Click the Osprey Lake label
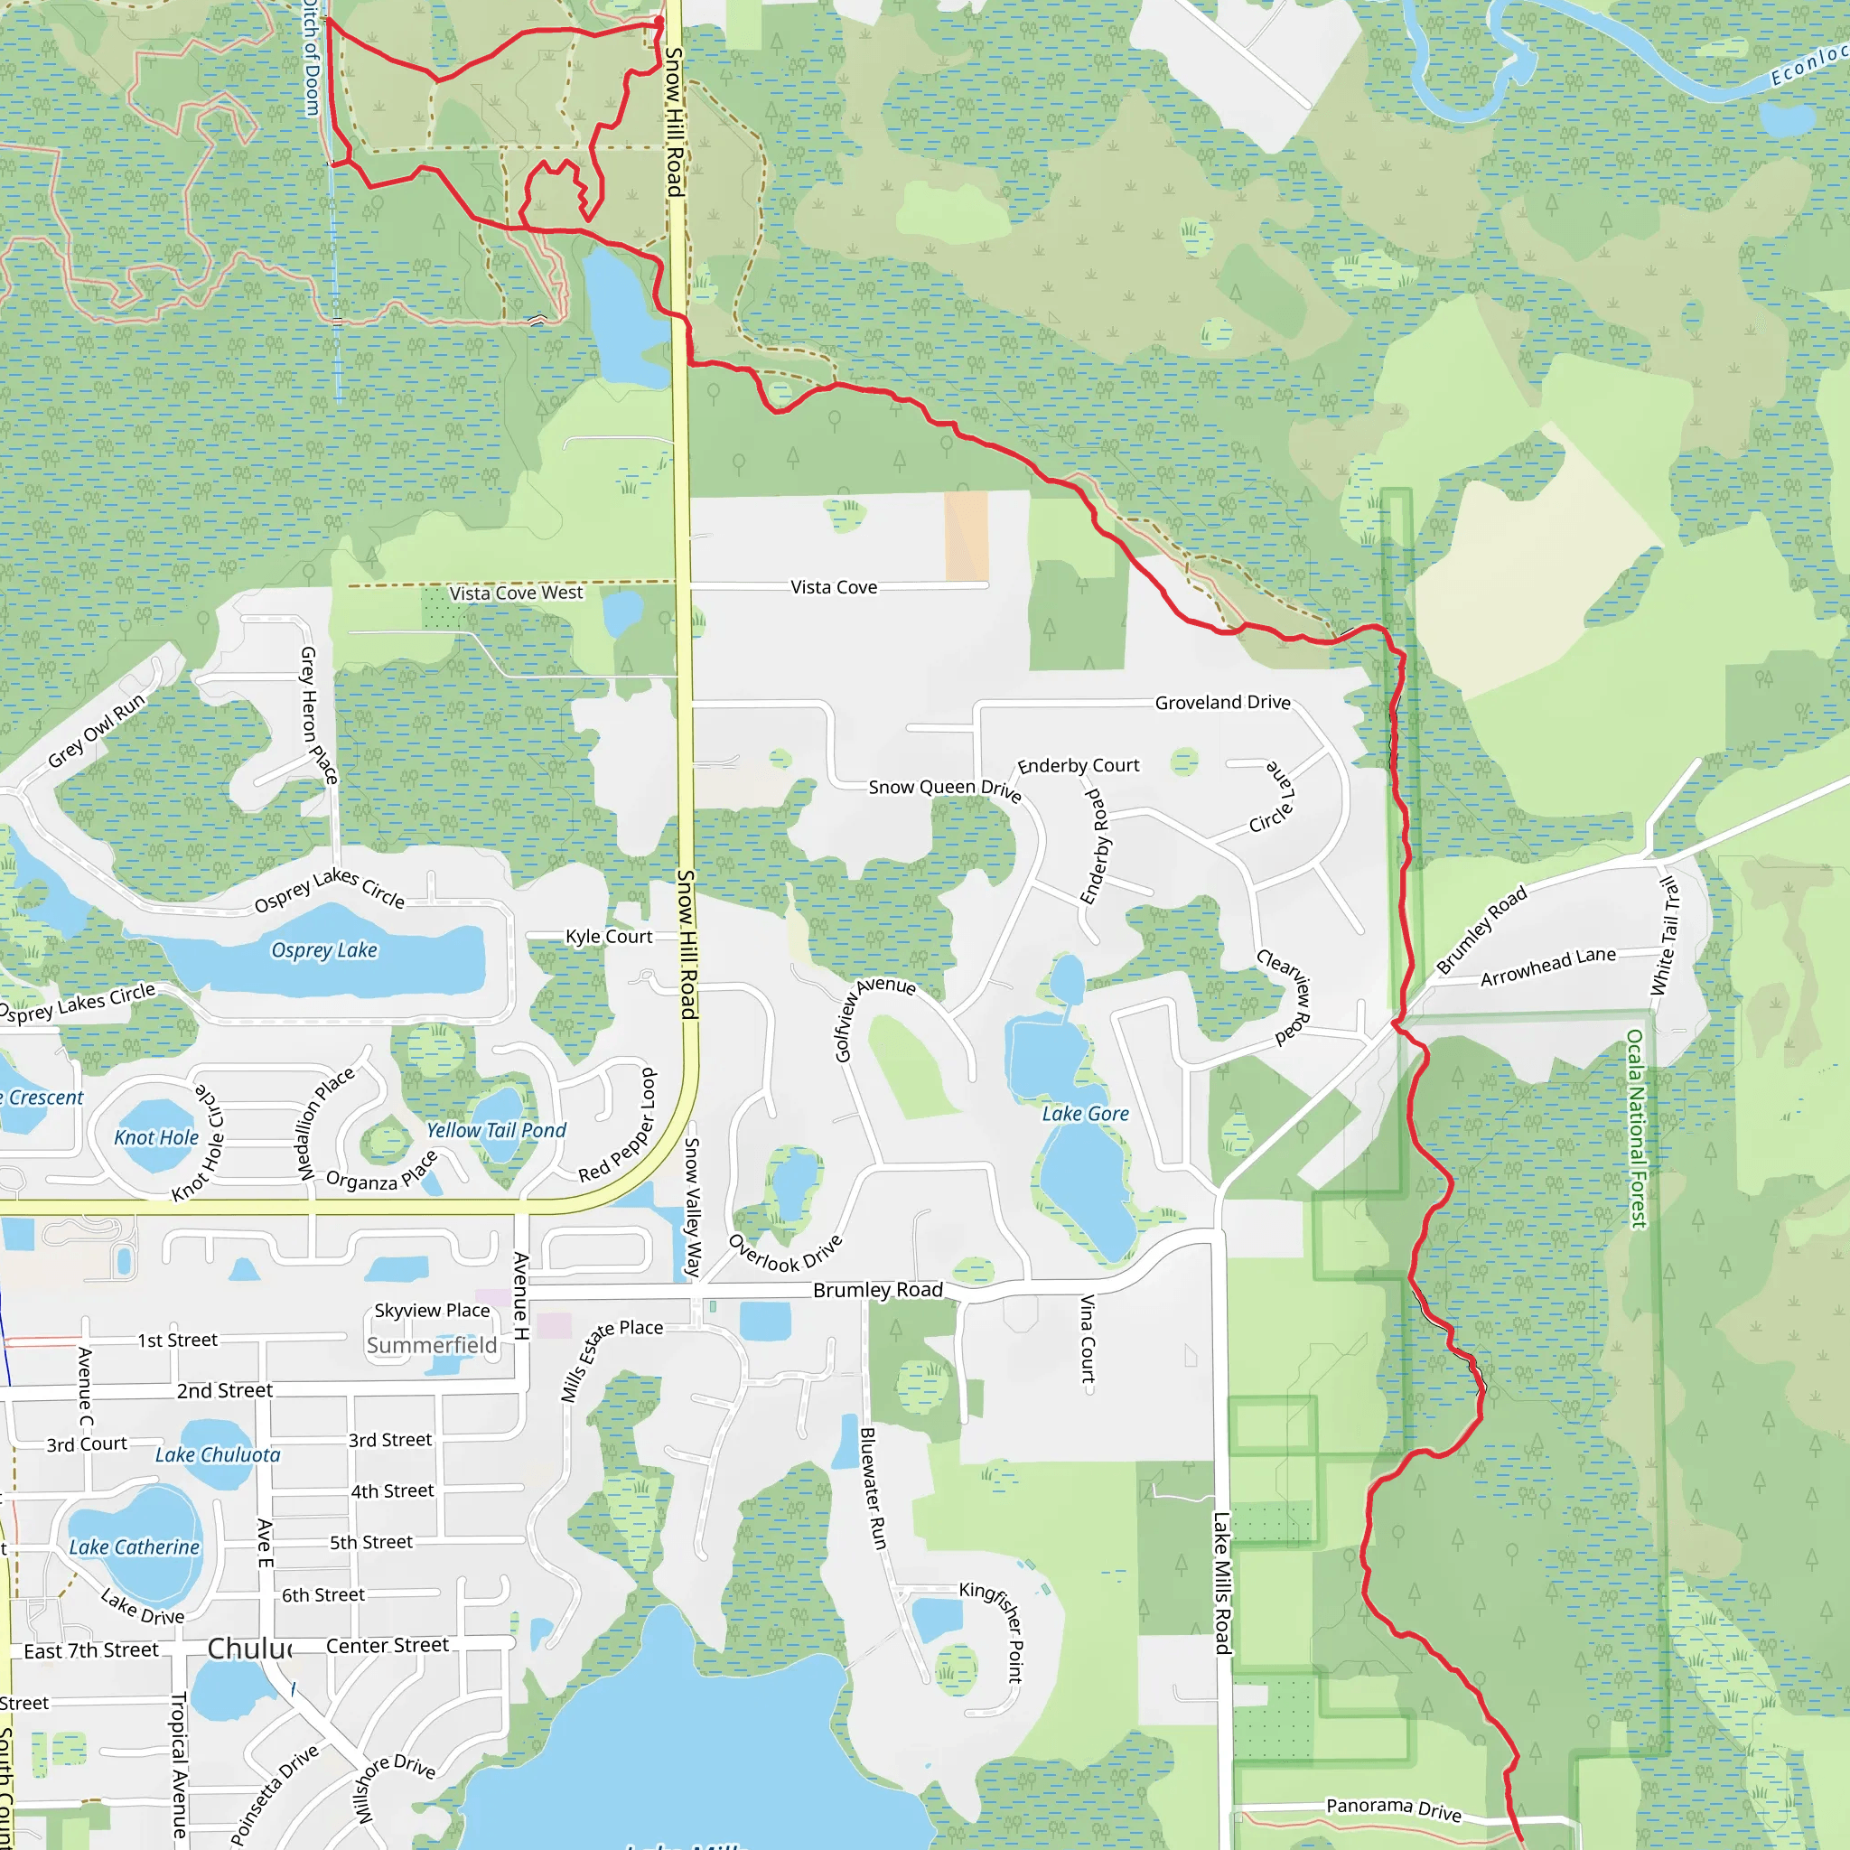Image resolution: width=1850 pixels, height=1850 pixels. coord(323,950)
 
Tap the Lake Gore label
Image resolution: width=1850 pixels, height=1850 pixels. coord(1085,1114)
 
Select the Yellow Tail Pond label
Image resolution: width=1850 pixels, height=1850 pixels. coord(496,1131)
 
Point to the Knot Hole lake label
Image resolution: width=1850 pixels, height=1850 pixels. coord(156,1137)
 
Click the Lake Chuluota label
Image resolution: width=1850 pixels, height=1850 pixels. coord(219,1454)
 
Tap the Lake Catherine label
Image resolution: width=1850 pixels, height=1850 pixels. coord(134,1546)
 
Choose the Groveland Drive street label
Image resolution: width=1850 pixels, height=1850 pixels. coord(1222,703)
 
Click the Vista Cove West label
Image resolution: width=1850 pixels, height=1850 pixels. coord(516,593)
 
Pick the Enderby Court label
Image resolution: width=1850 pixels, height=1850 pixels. coord(1079,766)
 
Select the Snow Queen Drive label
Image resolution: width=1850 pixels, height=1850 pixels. coord(944,789)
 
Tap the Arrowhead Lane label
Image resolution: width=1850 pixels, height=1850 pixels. coord(1547,967)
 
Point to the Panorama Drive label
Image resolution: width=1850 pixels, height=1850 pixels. coord(1393,1808)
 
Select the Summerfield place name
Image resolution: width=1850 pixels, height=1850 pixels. coord(432,1345)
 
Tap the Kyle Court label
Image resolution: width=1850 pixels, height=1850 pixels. coord(609,937)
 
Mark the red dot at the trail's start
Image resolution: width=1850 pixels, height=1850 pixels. coord(659,21)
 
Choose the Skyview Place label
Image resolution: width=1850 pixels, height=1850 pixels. coord(432,1310)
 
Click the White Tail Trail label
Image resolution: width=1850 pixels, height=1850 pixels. coord(1665,937)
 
